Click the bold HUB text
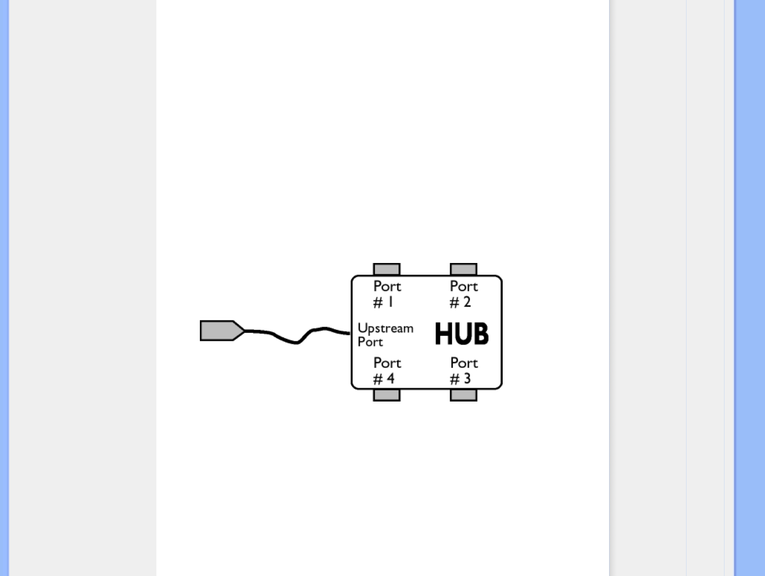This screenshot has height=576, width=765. (x=461, y=334)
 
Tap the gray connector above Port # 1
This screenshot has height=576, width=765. (x=387, y=269)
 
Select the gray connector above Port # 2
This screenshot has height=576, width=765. (x=463, y=269)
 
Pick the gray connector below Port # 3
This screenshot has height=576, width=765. (x=463, y=395)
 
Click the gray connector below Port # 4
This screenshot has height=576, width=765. (x=387, y=395)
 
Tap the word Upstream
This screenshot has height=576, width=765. (x=385, y=328)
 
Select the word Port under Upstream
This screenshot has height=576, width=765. (x=370, y=342)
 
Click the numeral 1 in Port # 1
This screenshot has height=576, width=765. (x=391, y=302)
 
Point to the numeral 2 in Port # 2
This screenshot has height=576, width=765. (x=467, y=302)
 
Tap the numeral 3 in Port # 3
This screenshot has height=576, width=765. (x=467, y=378)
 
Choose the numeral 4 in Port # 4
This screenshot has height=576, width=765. (x=390, y=378)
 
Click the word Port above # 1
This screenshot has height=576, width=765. (x=387, y=286)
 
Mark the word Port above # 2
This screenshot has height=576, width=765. (x=464, y=286)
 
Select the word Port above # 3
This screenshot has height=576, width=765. (x=464, y=363)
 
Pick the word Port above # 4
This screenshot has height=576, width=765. (x=387, y=363)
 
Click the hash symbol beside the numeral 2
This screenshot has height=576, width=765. (x=454, y=302)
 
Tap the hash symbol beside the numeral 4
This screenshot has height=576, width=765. (x=378, y=379)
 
